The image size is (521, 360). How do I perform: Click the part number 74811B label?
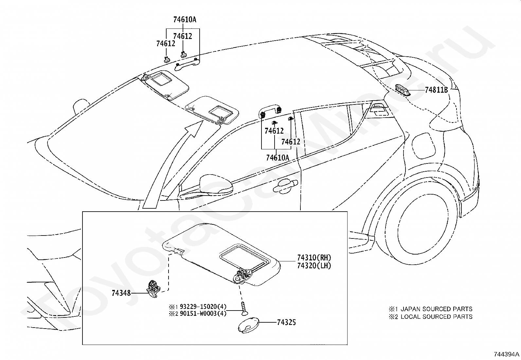click(436, 90)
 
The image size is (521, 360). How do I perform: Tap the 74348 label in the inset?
click(121, 293)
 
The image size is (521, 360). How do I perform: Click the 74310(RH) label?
click(312, 258)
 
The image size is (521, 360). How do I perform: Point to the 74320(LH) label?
click(312, 265)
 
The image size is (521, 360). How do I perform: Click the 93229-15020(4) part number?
click(203, 307)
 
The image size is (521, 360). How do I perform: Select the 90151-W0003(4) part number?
click(203, 314)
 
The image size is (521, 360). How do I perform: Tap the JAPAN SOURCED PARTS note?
click(436, 309)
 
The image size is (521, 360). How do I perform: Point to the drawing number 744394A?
click(507, 354)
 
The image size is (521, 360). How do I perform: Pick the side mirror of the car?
click(216, 184)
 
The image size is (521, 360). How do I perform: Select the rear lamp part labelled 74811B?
click(404, 89)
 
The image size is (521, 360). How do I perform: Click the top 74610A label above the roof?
click(185, 20)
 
